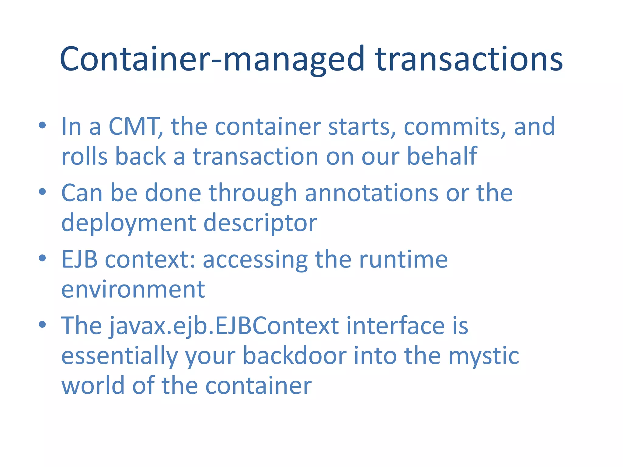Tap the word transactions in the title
point(469,59)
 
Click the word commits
point(454,126)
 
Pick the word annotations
point(371,193)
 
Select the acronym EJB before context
point(80,259)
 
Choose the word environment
point(133,289)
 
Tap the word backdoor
point(294,356)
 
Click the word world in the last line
point(93,385)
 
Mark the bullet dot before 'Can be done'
point(42,192)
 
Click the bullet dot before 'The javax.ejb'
point(42,324)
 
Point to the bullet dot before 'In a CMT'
point(42,125)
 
